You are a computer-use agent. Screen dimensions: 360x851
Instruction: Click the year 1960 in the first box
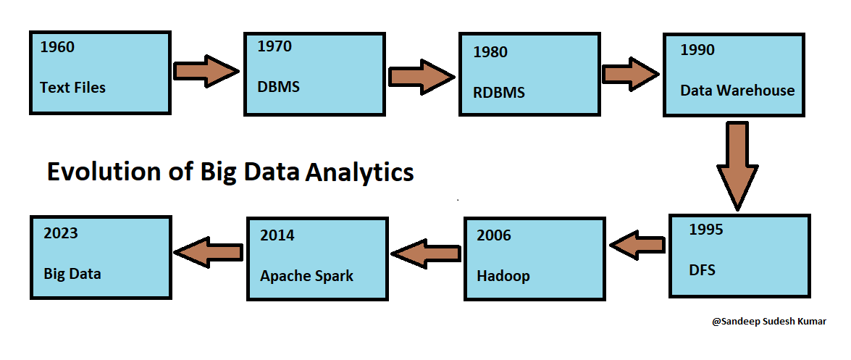tap(57, 48)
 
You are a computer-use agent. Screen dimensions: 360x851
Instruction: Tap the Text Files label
tap(72, 88)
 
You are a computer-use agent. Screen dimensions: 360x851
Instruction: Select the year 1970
tap(274, 46)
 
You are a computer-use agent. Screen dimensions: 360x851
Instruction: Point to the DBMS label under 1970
tap(278, 87)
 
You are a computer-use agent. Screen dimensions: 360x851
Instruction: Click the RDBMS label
tap(499, 93)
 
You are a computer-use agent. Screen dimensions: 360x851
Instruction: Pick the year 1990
tap(697, 50)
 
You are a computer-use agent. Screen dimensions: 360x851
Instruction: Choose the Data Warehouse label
tap(737, 91)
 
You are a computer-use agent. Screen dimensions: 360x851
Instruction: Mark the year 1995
tap(705, 230)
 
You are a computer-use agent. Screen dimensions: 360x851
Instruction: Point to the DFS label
tap(703, 270)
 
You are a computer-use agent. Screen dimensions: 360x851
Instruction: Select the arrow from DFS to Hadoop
tap(637, 245)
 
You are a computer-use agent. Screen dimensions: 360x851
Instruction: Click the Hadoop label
tap(503, 276)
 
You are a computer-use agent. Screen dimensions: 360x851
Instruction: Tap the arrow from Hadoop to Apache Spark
tap(425, 252)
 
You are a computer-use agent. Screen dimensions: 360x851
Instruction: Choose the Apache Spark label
tap(307, 276)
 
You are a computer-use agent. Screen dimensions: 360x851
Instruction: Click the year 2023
tap(61, 233)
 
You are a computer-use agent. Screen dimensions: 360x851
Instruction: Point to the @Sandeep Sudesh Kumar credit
tap(769, 322)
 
